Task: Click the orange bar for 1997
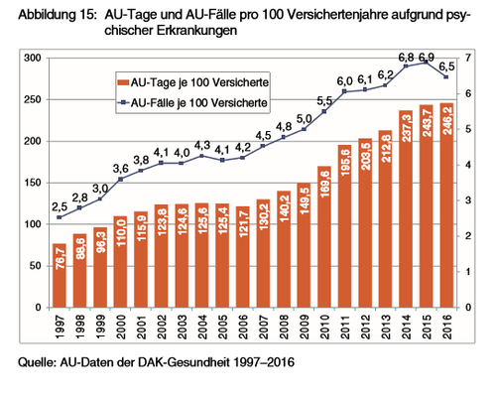click(x=60, y=276)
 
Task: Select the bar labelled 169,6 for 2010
click(x=324, y=237)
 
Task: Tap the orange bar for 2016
click(x=446, y=205)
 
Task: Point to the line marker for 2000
click(x=121, y=180)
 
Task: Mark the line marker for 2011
click(x=344, y=91)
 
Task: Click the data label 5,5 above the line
click(x=324, y=101)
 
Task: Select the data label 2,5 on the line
click(x=60, y=207)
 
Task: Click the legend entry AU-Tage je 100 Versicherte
click(x=193, y=82)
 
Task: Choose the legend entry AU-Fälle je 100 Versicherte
click(x=192, y=103)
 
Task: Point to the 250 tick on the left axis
click(x=33, y=99)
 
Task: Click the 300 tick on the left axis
click(x=33, y=59)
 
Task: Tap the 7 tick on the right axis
click(x=468, y=59)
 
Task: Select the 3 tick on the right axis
click(x=468, y=200)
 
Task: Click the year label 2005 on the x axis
click(x=223, y=327)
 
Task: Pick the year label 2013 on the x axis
click(x=386, y=327)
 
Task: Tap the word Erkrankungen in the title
click(x=196, y=31)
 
